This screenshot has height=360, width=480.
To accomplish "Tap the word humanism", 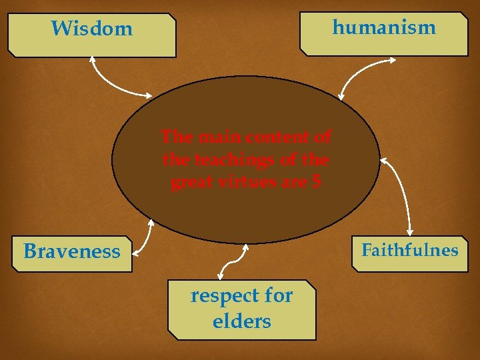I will click(x=383, y=27).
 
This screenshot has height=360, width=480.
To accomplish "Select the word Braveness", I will click(x=72, y=251).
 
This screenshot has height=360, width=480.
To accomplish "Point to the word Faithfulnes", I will click(x=409, y=250).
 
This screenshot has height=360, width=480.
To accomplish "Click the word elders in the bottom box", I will click(x=241, y=321).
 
